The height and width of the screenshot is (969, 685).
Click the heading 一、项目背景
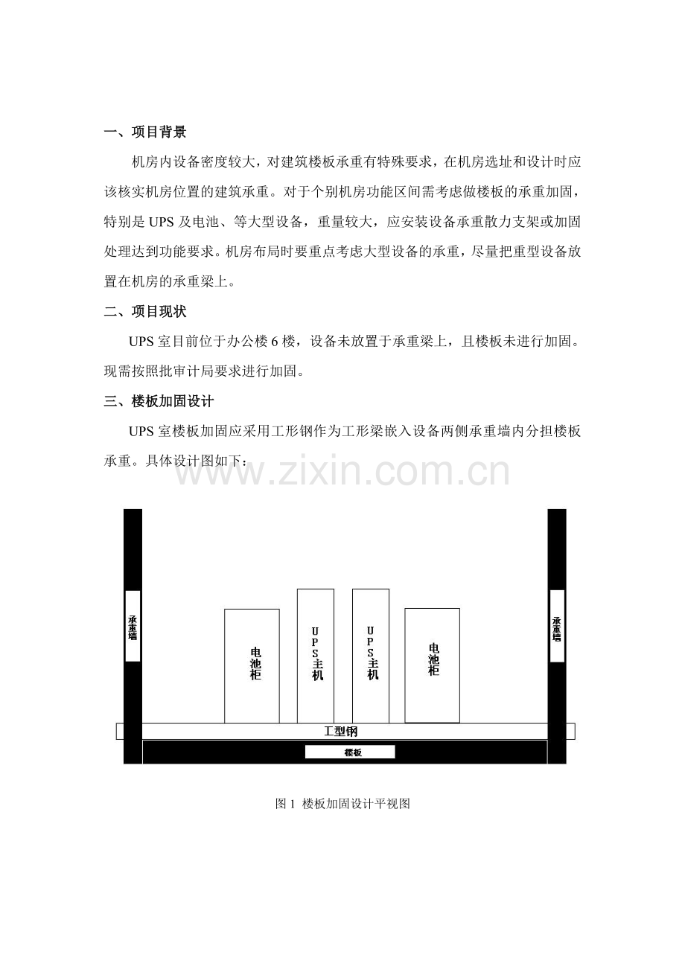[x=145, y=132]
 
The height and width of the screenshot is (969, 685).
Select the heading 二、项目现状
[x=145, y=311]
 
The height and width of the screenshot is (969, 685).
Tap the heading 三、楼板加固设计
[x=159, y=401]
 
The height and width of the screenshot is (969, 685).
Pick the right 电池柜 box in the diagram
[x=433, y=666]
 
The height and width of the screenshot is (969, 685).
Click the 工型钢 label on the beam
[x=341, y=732]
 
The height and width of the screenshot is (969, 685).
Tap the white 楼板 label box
[x=350, y=752]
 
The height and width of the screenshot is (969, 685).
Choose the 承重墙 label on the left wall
[x=133, y=627]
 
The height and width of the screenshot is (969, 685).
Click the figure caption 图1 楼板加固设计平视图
[x=342, y=804]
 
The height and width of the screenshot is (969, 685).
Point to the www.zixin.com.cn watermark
[x=342, y=471]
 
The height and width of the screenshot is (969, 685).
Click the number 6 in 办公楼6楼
[x=274, y=342]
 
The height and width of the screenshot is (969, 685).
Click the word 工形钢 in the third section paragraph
[x=292, y=432]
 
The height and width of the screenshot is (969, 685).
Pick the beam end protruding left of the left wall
[x=120, y=732]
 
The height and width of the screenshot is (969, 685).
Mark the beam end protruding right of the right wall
[x=571, y=732]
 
